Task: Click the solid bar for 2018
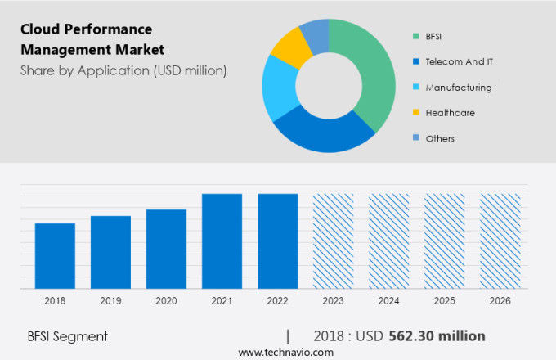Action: pos(55,255)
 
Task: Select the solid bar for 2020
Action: pos(166,249)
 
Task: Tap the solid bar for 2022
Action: pos(277,241)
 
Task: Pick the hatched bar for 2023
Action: pos(333,241)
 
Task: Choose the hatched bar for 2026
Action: pos(500,241)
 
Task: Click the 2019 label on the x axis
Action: pos(110,301)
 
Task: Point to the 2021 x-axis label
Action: pos(222,301)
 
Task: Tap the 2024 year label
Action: pos(388,301)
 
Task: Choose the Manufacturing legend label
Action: pos(458,87)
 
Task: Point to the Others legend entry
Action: pos(440,138)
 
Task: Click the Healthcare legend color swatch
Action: pos(416,113)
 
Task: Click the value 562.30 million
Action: pos(449,335)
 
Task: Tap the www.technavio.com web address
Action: pos(285,352)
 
